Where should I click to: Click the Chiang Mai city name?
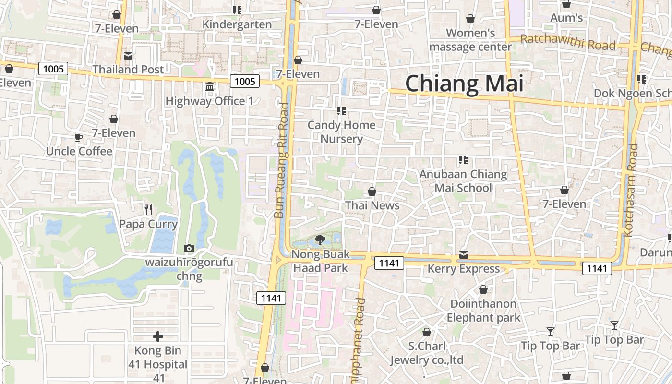point(464,84)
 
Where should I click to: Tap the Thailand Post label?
point(128,70)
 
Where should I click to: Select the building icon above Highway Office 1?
point(210,87)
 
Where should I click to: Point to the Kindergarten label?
point(237,24)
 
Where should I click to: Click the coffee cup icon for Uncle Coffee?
point(79,138)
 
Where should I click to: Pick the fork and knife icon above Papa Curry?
point(148,209)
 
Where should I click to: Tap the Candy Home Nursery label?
point(341,132)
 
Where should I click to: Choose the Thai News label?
point(372,205)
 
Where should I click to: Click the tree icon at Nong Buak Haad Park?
point(320,240)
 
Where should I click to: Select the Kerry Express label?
point(463,269)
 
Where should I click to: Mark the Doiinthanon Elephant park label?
point(483,311)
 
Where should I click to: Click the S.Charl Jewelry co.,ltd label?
point(427,353)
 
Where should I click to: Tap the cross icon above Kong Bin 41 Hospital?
point(157,336)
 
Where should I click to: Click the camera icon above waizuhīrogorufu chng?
point(189,248)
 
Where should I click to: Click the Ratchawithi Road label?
point(567,43)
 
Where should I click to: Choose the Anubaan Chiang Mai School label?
point(463,180)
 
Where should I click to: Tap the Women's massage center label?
point(470,40)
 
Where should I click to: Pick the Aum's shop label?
point(566,18)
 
